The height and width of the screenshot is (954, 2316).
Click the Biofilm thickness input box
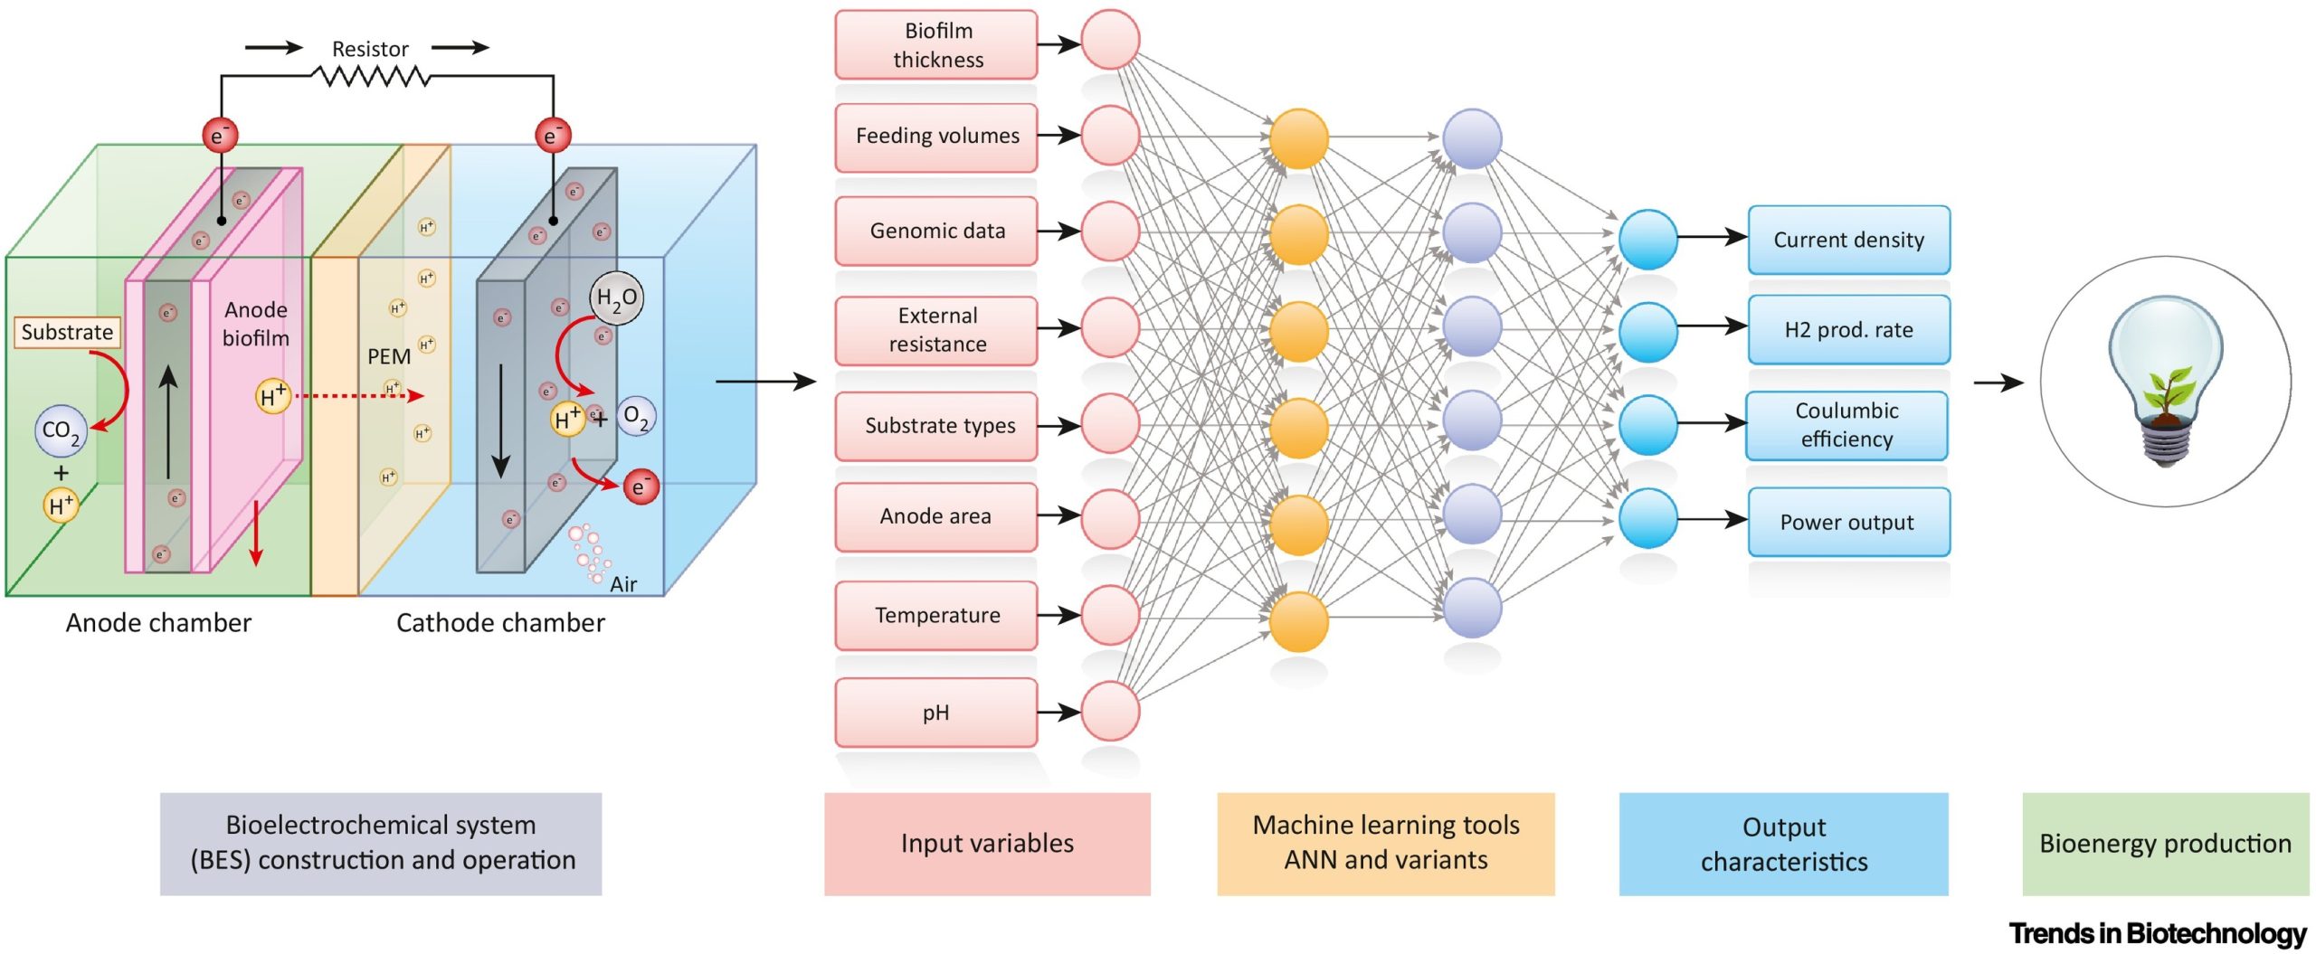click(936, 44)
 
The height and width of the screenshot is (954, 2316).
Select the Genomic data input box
click(936, 231)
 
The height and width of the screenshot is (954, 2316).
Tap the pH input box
click(936, 713)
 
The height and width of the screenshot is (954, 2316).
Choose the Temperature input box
click(936, 615)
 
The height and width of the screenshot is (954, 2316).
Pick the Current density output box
click(1848, 240)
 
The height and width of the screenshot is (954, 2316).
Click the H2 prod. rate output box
click(1848, 329)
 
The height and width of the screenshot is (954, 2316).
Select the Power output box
click(1848, 522)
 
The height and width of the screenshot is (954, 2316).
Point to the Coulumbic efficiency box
click(1846, 424)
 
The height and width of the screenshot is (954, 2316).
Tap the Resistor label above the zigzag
click(370, 49)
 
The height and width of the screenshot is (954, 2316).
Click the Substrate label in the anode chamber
click(67, 332)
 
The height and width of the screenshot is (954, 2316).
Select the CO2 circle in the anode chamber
click(61, 431)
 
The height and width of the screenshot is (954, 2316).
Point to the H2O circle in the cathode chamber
click(616, 298)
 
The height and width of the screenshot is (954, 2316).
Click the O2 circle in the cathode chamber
click(636, 417)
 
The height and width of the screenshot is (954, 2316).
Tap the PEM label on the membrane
click(388, 356)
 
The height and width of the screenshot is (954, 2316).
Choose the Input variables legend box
click(987, 844)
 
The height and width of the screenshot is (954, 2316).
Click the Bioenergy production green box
click(2165, 844)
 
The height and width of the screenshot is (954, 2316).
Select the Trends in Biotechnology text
click(2158, 932)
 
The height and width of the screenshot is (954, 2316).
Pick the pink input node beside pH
click(1110, 712)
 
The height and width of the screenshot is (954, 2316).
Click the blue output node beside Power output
click(1647, 518)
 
